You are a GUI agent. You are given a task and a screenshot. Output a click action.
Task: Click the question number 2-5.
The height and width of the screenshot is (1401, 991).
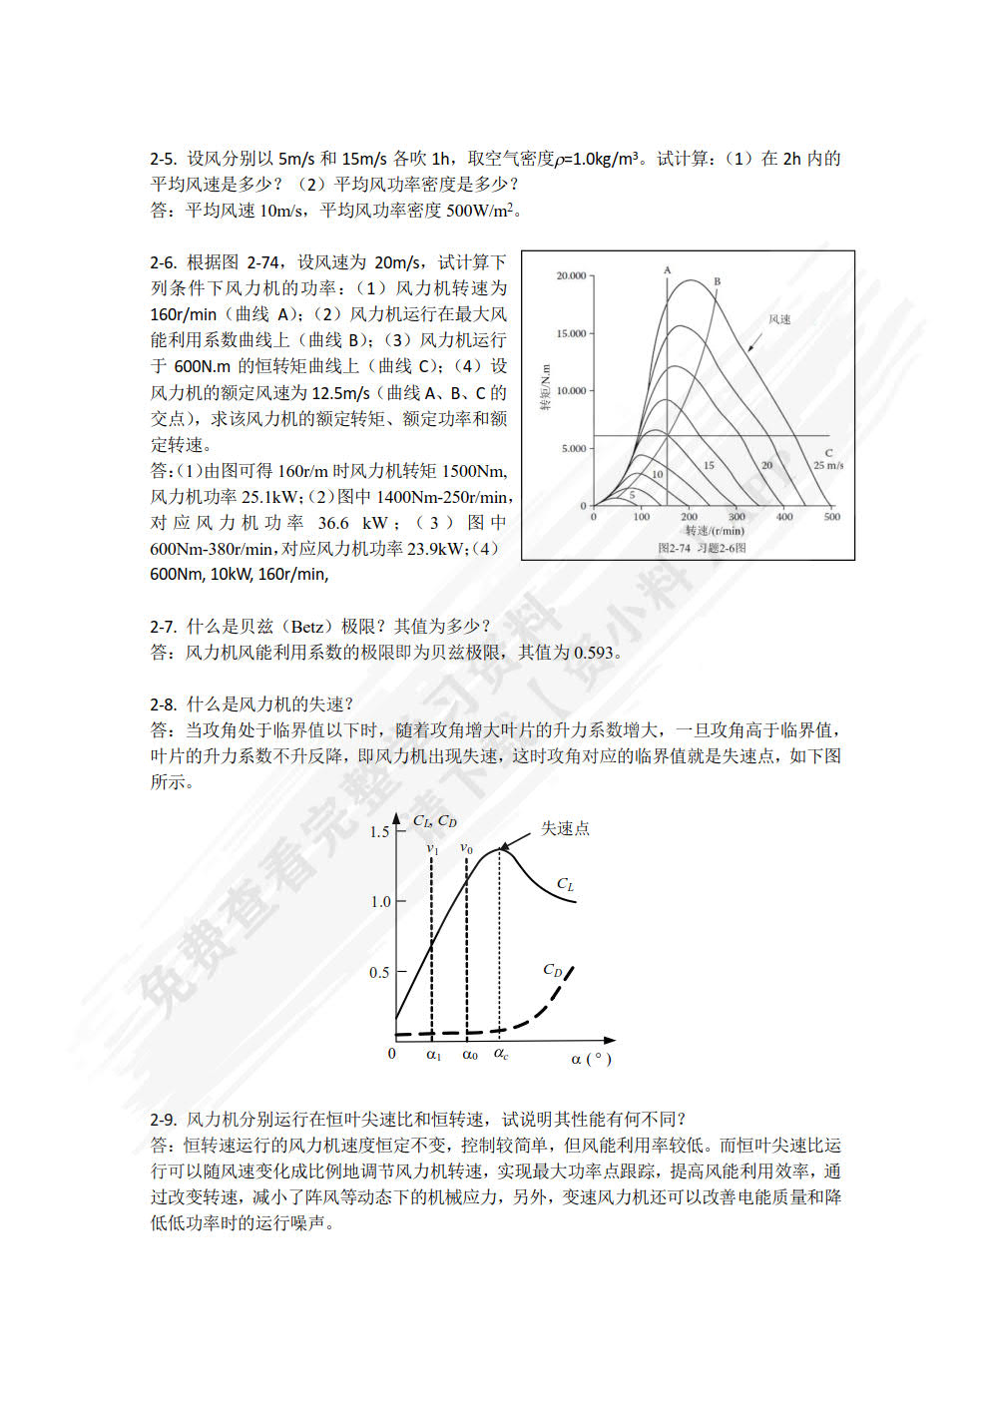point(163,159)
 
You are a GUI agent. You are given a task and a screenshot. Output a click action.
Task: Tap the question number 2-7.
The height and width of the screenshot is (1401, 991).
point(163,627)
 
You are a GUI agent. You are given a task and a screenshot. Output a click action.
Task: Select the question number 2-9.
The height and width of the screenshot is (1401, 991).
point(163,1120)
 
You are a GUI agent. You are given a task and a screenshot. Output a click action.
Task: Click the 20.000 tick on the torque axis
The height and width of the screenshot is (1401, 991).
point(571,275)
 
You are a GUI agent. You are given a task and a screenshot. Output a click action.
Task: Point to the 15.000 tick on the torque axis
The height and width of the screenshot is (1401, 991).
point(571,333)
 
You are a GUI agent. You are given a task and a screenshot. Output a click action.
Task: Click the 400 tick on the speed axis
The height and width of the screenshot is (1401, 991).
point(784,517)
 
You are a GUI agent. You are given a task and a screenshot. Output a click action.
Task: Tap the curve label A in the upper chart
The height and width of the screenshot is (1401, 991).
point(668,270)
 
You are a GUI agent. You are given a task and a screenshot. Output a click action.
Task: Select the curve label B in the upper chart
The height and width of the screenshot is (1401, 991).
point(717,281)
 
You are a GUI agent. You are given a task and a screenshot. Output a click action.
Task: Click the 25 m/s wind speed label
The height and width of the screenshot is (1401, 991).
point(828,465)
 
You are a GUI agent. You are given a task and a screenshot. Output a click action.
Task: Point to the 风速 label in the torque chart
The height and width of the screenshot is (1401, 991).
point(779,319)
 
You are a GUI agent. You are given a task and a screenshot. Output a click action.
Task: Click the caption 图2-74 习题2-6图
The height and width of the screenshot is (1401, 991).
point(702,548)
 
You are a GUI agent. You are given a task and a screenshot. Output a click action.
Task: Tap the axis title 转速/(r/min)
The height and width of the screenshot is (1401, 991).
point(715,531)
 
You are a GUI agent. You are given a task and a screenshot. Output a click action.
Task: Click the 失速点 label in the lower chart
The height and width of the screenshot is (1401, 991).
point(565,828)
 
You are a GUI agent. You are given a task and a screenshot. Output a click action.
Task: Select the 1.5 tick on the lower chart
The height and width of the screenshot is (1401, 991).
point(379,831)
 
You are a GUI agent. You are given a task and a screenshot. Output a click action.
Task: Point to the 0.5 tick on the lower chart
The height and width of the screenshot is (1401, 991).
point(379,972)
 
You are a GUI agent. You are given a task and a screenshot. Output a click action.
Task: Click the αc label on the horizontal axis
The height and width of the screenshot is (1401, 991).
point(501,1054)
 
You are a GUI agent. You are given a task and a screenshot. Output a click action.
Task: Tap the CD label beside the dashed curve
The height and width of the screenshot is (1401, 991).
point(553,970)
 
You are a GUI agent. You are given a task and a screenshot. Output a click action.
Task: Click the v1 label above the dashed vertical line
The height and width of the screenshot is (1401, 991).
point(432,849)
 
